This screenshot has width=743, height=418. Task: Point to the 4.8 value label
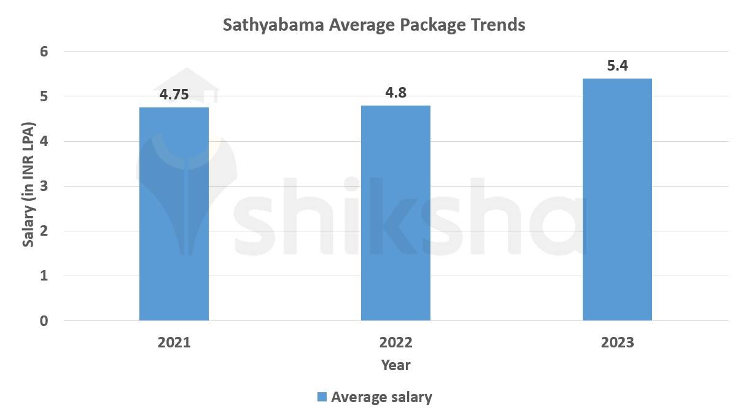coord(395,93)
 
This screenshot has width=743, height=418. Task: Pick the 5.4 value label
coord(617,66)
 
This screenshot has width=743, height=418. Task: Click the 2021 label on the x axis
coord(174,343)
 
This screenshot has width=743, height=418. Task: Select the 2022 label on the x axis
coord(395,343)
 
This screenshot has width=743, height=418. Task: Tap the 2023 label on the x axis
coord(617,343)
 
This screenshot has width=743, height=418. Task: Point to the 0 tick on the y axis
coord(44,321)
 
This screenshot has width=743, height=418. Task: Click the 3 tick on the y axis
coord(44,187)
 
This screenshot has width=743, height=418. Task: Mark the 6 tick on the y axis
coord(44,52)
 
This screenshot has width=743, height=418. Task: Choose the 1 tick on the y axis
coord(44,276)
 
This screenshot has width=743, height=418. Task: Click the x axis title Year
coord(395,365)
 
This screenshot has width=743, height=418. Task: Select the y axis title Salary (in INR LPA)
coord(28,184)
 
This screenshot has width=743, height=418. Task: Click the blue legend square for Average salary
coord(322,397)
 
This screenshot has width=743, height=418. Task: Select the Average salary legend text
coord(381,397)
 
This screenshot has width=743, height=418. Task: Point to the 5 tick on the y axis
coord(44,96)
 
